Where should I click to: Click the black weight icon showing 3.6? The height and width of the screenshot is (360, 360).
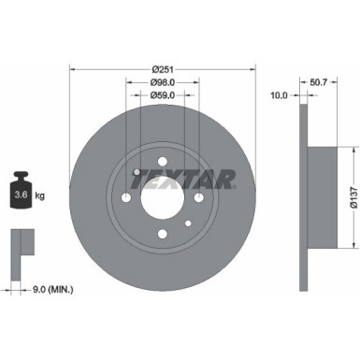pos(21,191)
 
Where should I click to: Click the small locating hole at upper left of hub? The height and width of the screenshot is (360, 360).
pos(137,171)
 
